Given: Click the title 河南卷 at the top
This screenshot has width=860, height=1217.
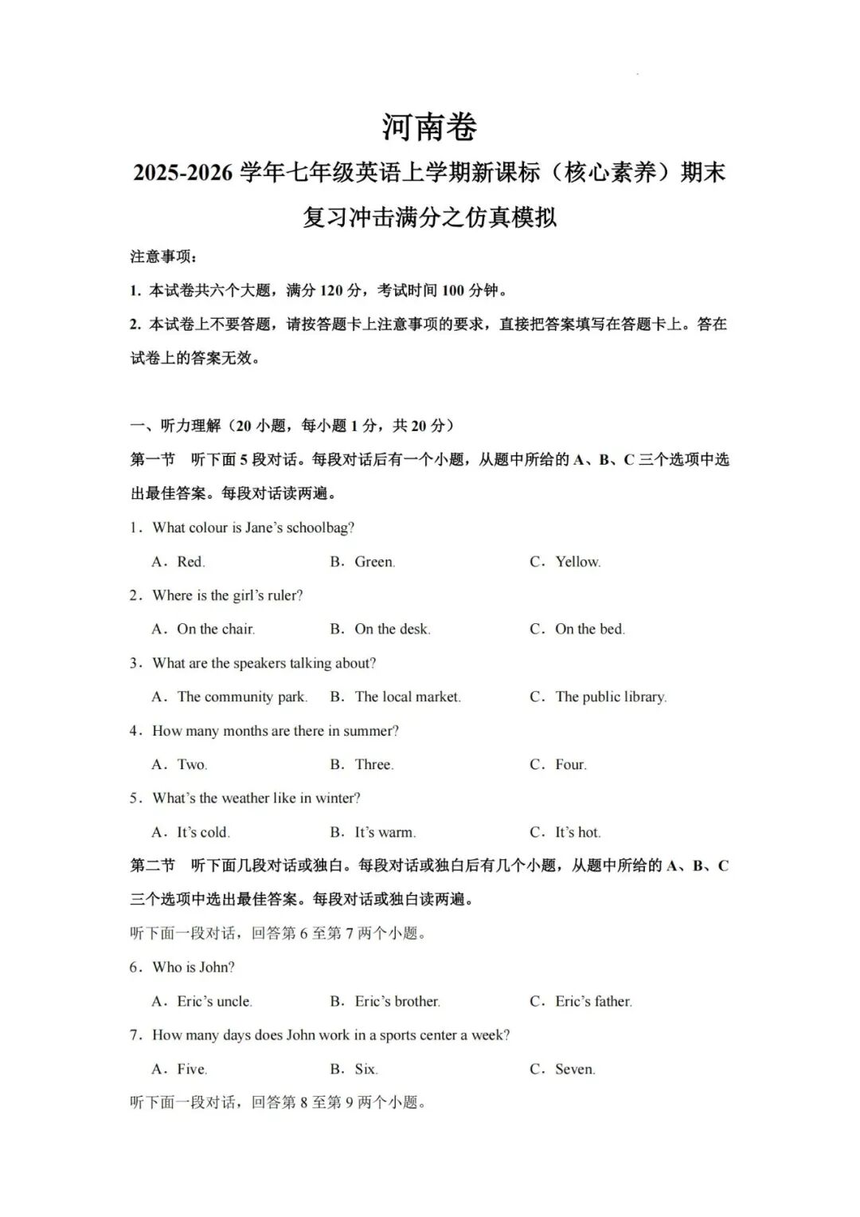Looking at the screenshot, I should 428,127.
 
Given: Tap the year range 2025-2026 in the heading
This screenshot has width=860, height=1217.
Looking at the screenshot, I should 182,173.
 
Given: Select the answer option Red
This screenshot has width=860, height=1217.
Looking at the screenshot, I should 190,562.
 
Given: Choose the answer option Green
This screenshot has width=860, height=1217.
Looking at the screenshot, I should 373,562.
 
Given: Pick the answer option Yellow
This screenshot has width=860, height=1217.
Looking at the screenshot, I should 577,562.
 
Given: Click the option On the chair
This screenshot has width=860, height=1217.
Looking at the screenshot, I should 215,630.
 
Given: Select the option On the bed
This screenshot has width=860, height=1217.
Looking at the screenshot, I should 589,630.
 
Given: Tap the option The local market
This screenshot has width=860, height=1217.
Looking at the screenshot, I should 407,697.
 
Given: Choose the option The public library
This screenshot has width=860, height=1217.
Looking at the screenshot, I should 610,697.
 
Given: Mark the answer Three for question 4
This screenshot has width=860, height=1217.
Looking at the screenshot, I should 373,765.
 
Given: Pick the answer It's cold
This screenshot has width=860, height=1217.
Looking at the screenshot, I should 203,833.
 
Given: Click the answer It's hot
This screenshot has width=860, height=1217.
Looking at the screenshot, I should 577,833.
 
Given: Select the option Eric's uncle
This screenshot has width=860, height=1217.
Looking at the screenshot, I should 214,1002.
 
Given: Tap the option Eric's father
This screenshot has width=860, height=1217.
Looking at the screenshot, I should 593,1002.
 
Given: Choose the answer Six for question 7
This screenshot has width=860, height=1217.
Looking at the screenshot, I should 365,1070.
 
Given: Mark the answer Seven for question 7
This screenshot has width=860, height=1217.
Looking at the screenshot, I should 575,1070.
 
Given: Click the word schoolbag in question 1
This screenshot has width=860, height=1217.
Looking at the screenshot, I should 319,528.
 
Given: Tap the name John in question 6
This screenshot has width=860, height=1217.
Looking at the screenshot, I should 217,968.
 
